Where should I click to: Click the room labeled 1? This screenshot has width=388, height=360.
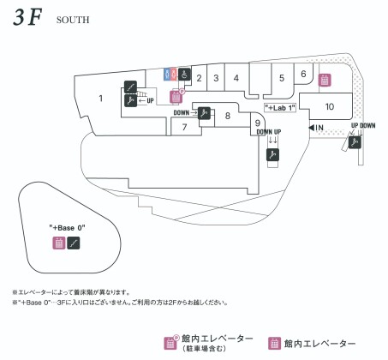pos(100,99)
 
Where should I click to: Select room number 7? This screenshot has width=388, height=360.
pos(184,127)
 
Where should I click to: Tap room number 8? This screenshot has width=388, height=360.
pos(228,116)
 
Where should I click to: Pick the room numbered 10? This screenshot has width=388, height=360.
pos(330,106)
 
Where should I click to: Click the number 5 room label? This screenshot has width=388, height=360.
pos(282,78)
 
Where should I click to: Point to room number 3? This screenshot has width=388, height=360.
pos(216,78)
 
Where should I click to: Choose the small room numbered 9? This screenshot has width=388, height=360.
pos(258,123)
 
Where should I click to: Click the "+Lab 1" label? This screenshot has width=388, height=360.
pos(280,108)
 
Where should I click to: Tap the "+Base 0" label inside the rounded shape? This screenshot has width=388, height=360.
pos(67,228)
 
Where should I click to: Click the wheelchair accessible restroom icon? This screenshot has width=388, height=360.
pos(185,75)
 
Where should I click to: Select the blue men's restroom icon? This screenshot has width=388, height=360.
pos(167,75)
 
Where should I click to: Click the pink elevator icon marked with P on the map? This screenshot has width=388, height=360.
pos(176,97)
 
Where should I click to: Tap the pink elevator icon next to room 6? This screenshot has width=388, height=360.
pos(325,80)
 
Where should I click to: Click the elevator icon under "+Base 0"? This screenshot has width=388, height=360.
pos(59,243)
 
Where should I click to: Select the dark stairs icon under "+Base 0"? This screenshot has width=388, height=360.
pos(74,243)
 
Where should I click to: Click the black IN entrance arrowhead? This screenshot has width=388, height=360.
pos(311,128)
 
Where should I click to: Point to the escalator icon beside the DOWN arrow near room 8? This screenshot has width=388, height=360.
pos(204,113)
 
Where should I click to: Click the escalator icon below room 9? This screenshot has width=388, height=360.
pos(272,155)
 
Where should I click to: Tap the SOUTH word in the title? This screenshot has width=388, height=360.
pos(73,20)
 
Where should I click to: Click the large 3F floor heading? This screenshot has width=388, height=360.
pos(27,17)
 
